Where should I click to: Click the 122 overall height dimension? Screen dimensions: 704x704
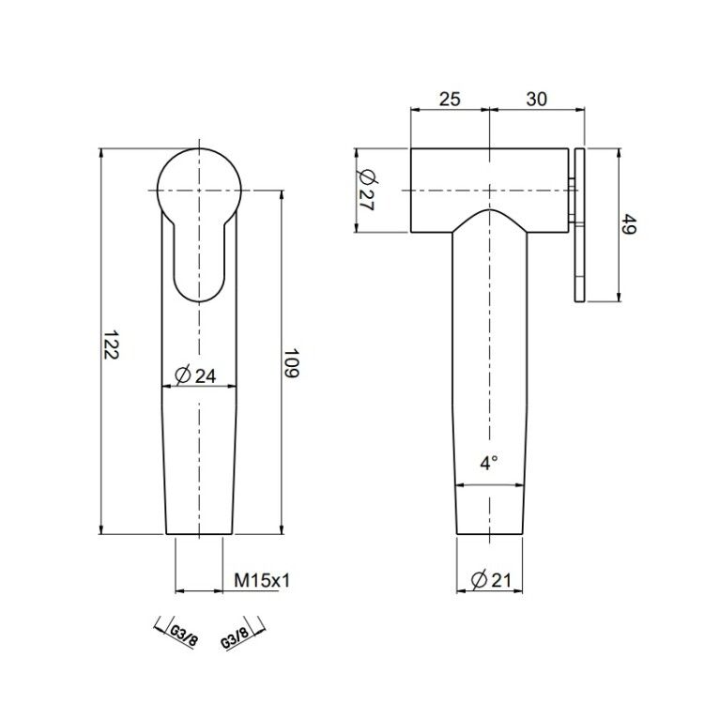pyautogui.click(x=111, y=344)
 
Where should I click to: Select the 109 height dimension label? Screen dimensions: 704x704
pyautogui.click(x=292, y=362)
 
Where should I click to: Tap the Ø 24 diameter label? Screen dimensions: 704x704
pyautogui.click(x=195, y=375)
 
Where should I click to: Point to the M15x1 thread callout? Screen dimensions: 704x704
pyautogui.click(x=262, y=580)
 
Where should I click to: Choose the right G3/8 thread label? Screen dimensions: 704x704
pyautogui.click(x=235, y=637)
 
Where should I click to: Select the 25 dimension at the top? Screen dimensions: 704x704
pyautogui.click(x=450, y=99)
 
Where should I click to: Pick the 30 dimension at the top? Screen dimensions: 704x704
pyautogui.click(x=537, y=99)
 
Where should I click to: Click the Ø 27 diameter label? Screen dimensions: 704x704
pyautogui.click(x=367, y=190)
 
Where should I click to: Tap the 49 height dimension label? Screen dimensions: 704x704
pyautogui.click(x=629, y=224)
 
